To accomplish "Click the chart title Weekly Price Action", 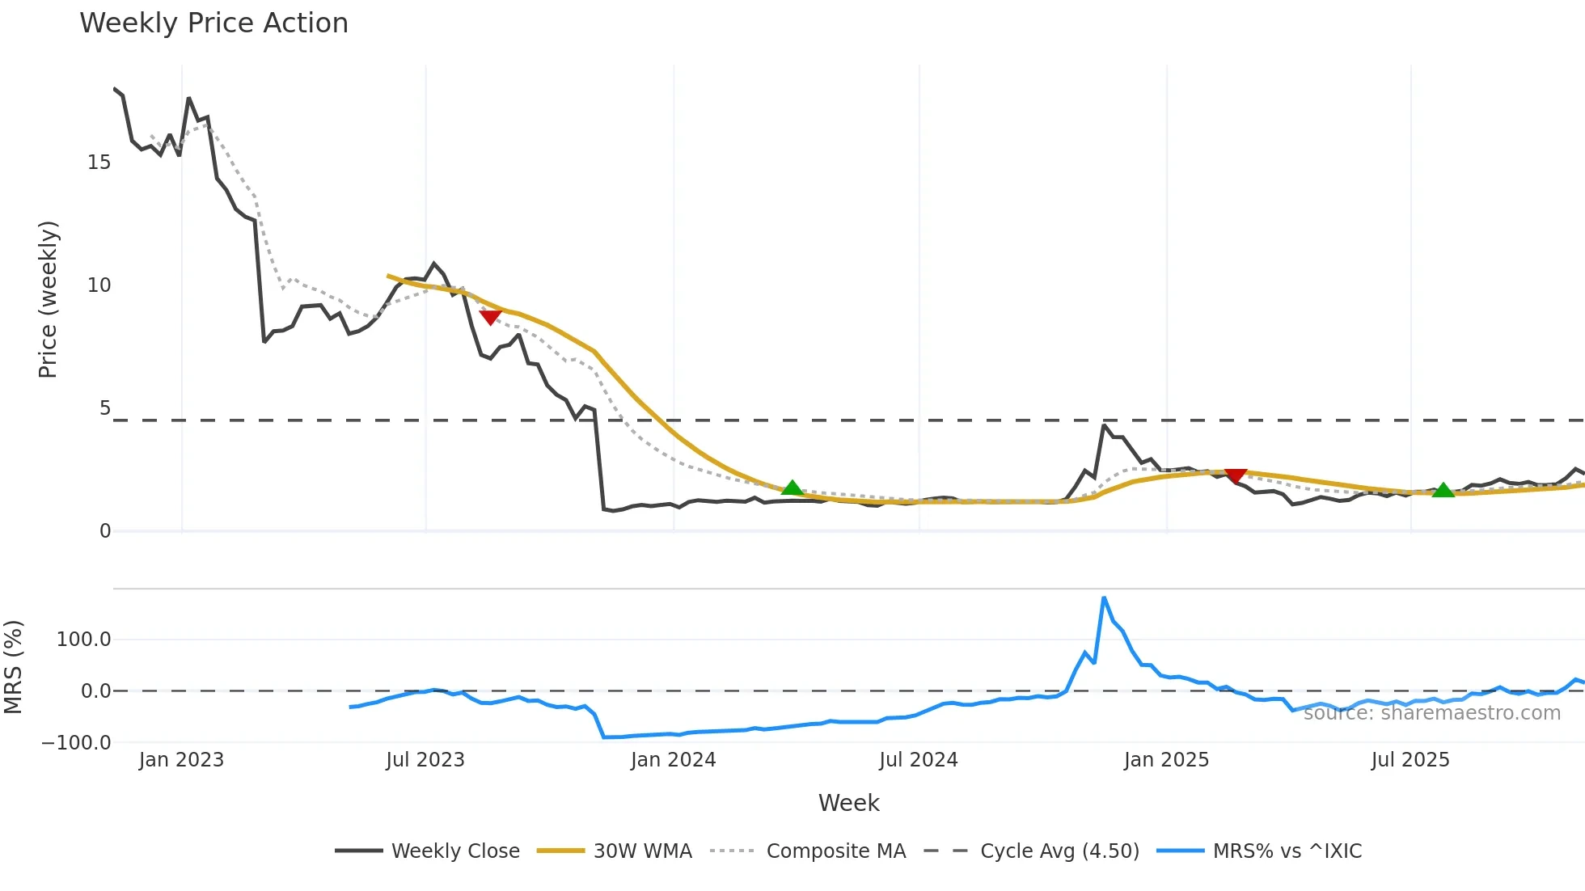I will pos(213,23).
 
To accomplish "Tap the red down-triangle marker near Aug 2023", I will pos(490,317).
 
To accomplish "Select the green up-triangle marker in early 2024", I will pos(792,488).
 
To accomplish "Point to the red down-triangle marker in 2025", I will pos(1236,475).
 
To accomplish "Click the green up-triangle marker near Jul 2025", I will pos(1443,490).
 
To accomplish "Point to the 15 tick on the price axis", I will pos(99,163).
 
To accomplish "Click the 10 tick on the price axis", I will pos(99,285).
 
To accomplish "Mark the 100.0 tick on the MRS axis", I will pos(83,640).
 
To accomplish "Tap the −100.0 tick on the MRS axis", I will pos(77,742).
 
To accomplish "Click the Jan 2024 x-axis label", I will pos(673,760).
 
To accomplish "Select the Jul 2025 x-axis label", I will pos(1410,760).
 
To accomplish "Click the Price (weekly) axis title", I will pos(48,299).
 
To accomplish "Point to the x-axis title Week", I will pos(848,803).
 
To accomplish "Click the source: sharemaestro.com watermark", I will pos(1431,713).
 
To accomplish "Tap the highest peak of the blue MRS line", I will pos(1104,598).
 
